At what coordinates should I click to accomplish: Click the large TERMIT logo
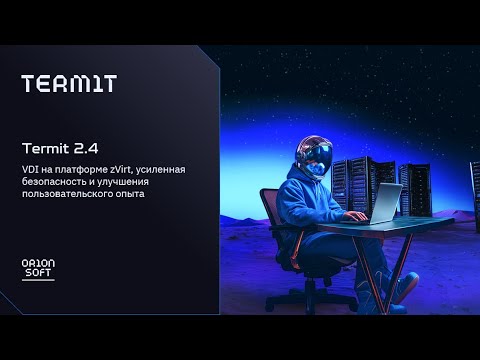[68, 84]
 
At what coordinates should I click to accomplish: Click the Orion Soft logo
[38, 269]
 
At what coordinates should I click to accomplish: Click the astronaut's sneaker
[402, 291]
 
